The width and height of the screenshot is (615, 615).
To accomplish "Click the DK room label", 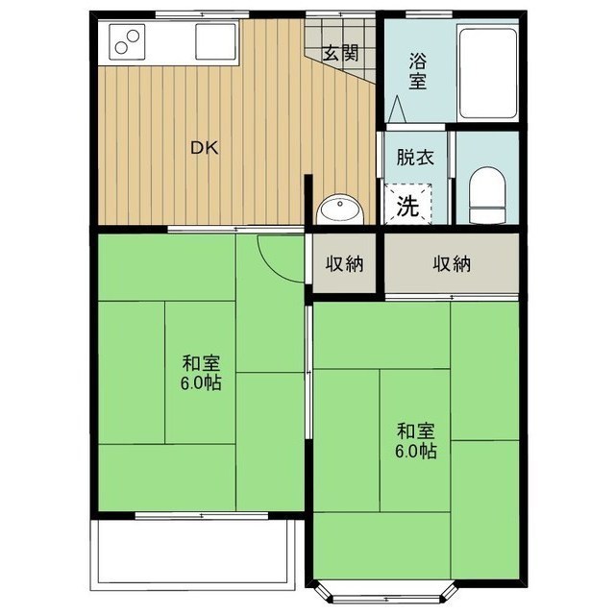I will click(x=203, y=148).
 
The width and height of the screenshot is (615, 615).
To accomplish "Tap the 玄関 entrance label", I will click(x=335, y=52).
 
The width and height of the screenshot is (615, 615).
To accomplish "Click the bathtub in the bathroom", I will click(x=488, y=71).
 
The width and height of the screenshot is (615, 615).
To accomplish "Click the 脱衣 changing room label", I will click(x=415, y=158).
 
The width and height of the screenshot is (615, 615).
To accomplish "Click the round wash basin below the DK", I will click(x=338, y=209).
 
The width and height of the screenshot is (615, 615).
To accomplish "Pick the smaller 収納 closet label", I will click(x=343, y=264).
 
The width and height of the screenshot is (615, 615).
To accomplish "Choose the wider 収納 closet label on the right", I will click(x=451, y=264).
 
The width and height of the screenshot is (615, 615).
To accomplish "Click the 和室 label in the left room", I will click(x=202, y=364).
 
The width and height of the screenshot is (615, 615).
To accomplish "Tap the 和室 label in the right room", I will click(x=417, y=430).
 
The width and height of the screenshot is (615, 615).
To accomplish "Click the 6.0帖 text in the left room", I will click(x=202, y=383).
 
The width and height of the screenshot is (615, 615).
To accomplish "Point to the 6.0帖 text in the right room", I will click(x=417, y=450).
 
